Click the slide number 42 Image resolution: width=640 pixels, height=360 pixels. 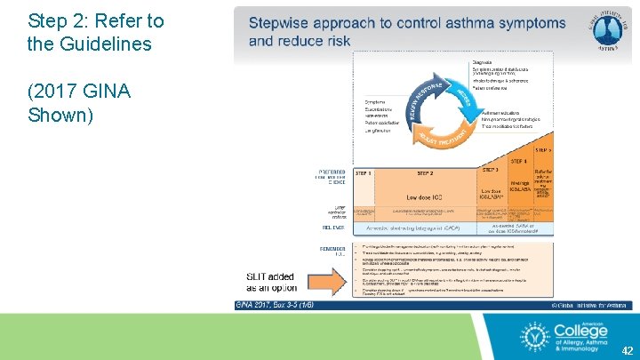[628, 350]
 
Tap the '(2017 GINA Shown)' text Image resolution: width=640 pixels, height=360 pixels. [79, 103]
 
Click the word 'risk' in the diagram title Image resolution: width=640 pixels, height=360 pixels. [336, 41]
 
